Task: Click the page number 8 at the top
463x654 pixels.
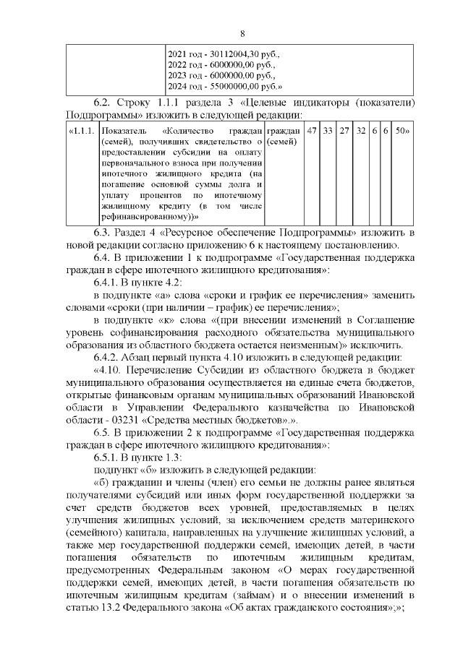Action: coord(242,34)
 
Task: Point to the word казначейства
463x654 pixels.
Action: coord(309,407)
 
